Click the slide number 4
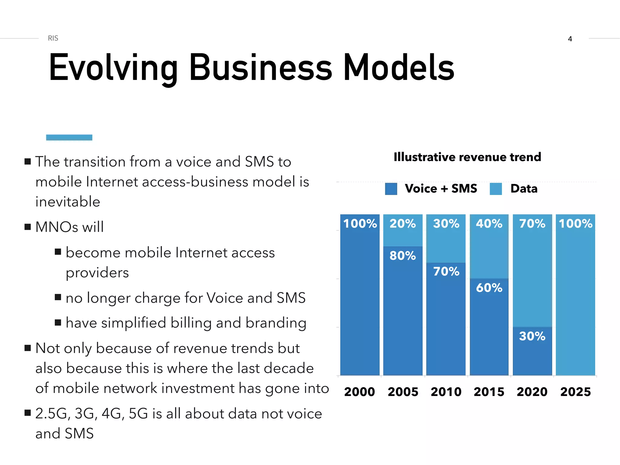[x=570, y=39]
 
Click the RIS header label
[x=53, y=38]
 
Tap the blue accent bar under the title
[x=69, y=137]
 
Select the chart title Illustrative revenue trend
[x=467, y=157]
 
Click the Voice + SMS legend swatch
[x=391, y=189]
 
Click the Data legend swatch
[x=496, y=189]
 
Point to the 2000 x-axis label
[x=359, y=392]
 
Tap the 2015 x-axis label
[x=489, y=392]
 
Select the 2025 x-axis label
[x=575, y=392]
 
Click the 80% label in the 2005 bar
[x=403, y=256]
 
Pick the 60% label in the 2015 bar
[x=489, y=288]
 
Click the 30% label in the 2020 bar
[x=532, y=336]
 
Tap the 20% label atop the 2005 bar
[x=403, y=224]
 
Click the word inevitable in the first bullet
[x=68, y=202]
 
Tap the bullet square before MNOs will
[x=28, y=227]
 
